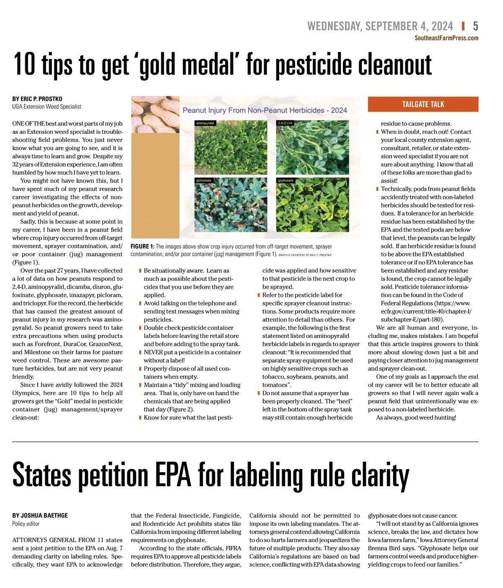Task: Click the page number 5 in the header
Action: (475, 26)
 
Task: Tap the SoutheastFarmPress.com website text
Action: (446, 38)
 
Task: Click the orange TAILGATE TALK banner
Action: (423, 104)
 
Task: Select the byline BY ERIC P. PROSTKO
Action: (37, 99)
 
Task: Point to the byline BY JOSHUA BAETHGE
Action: (40, 516)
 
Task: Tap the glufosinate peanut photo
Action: (231, 205)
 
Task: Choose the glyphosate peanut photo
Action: (312, 205)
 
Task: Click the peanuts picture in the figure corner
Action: (155, 114)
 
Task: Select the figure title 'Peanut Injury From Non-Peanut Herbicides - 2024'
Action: (264, 110)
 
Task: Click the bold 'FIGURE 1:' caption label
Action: (142, 246)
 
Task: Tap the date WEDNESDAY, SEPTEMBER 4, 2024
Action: (380, 26)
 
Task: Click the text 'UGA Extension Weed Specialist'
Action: (47, 107)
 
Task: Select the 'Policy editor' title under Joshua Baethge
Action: (26, 524)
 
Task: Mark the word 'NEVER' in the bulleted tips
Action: (153, 352)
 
